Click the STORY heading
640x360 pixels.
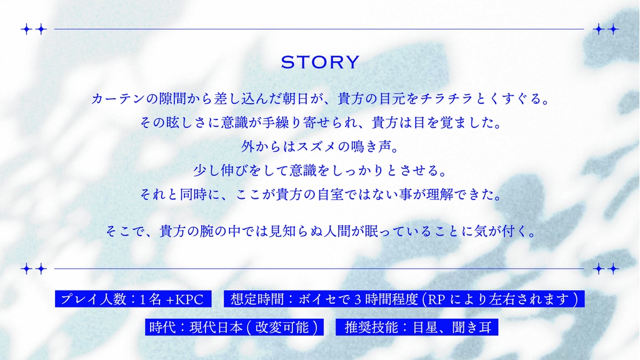[320, 62]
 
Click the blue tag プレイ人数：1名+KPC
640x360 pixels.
[133, 299]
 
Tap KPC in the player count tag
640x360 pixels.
[189, 299]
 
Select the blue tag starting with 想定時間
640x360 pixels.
[404, 299]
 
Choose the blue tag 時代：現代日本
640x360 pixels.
[234, 327]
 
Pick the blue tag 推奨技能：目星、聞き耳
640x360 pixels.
[417, 327]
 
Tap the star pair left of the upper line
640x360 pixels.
[34, 29]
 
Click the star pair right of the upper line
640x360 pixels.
[606, 29]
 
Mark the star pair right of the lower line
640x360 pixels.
[606, 269]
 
